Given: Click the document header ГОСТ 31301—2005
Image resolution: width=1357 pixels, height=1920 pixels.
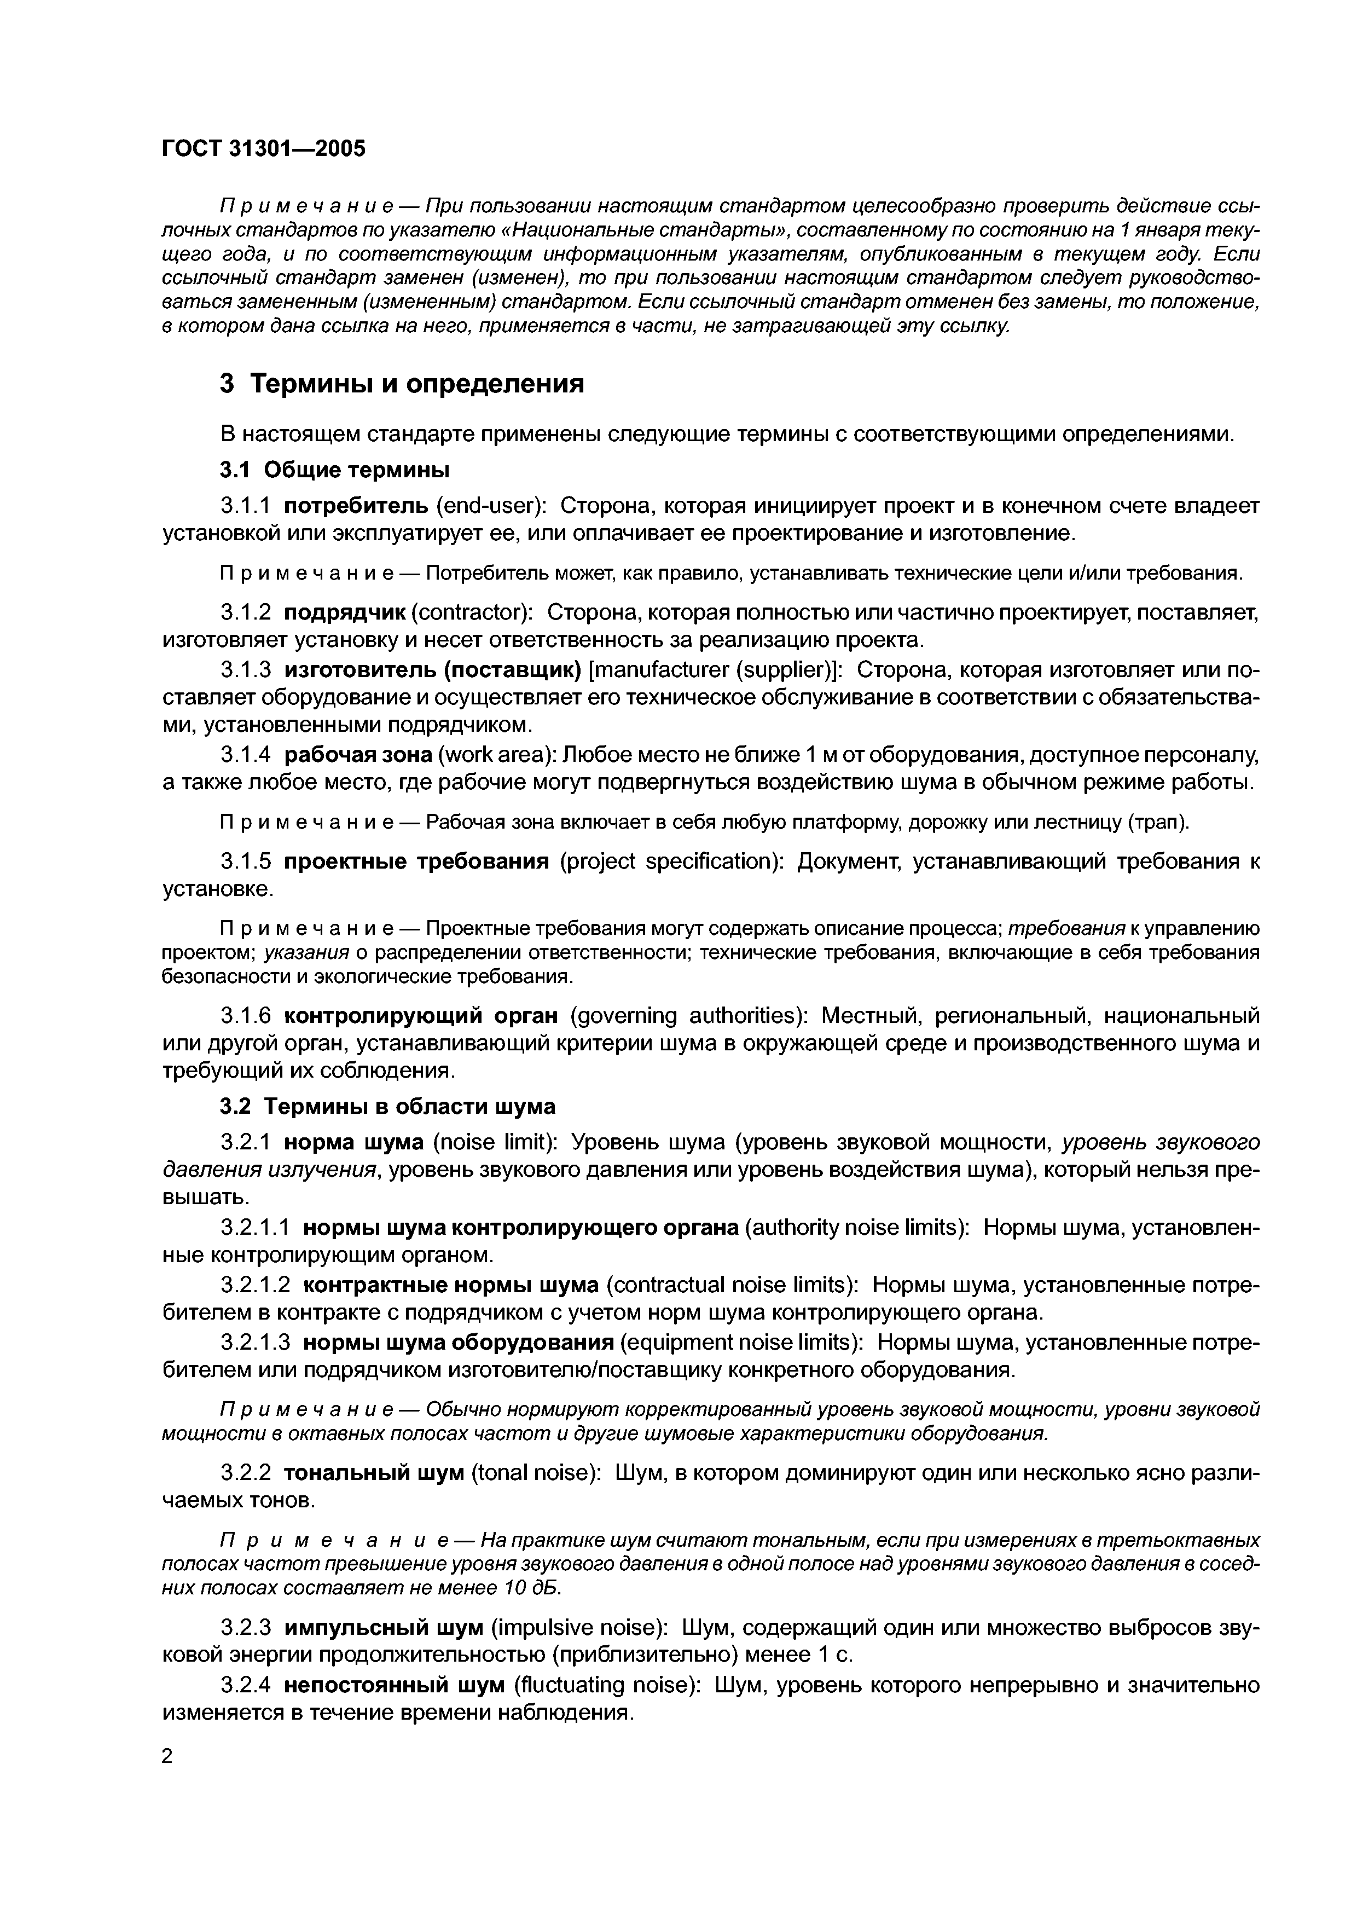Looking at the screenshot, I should [263, 149].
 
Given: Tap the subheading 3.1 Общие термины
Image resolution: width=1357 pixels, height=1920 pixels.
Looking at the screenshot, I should [334, 471].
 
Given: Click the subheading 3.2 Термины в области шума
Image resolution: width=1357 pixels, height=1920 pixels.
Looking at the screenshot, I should [387, 1106].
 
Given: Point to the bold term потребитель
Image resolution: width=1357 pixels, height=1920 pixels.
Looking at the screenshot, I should [357, 507].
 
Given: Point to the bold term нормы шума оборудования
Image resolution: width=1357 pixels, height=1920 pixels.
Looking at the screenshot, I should [458, 1342].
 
